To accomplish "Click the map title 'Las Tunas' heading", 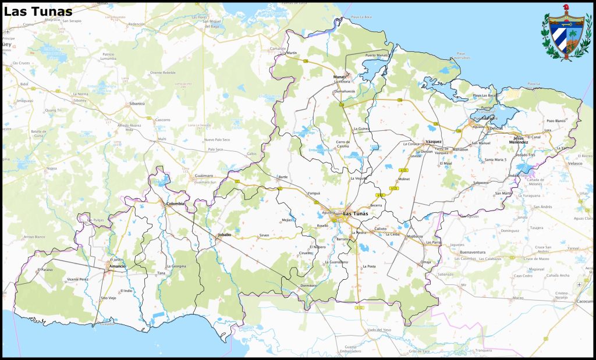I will [38, 11].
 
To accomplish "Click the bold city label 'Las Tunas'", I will [356, 213].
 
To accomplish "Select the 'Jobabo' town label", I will [224, 235].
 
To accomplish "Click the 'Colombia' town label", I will [175, 204].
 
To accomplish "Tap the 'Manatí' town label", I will [340, 77].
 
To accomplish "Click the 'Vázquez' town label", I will [434, 141].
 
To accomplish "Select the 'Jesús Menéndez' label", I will [519, 140].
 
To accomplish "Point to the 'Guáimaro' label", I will [204, 175].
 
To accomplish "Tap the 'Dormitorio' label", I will [308, 286].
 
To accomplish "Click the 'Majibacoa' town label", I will [415, 237].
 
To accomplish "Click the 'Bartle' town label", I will [283, 176].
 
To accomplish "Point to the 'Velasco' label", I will [575, 164].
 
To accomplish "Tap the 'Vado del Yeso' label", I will [378, 330].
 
